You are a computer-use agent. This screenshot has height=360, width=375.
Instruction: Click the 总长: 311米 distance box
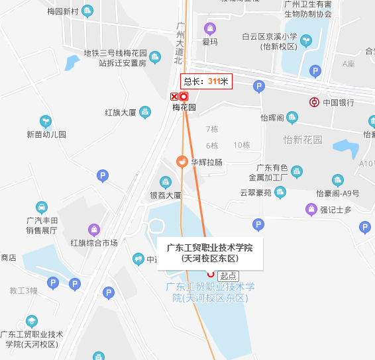tap(206, 81)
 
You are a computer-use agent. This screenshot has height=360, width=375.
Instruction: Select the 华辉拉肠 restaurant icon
tap(180, 161)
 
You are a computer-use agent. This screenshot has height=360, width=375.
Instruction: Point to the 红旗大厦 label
tap(120, 112)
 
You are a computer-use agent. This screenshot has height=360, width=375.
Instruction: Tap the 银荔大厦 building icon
tap(165, 182)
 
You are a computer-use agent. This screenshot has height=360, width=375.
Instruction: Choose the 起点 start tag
tap(228, 275)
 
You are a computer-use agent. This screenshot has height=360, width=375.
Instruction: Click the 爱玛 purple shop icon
tap(210, 28)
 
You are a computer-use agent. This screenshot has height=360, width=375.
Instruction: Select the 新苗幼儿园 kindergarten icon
tap(46, 121)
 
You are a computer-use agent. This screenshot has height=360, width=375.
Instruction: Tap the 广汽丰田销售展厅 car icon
tap(41, 206)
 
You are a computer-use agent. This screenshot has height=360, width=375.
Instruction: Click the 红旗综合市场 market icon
tap(94, 230)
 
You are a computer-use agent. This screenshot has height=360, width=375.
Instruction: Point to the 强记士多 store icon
tap(310, 210)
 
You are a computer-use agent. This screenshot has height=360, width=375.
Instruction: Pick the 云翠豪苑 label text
tap(255, 193)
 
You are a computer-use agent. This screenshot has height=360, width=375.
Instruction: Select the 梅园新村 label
tap(63, 12)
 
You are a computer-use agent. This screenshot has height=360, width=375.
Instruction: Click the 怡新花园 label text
tap(302, 140)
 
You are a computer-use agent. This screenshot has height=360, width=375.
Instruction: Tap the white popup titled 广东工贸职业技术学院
tap(210, 253)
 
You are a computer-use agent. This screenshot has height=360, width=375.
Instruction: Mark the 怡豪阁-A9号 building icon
tap(338, 180)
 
